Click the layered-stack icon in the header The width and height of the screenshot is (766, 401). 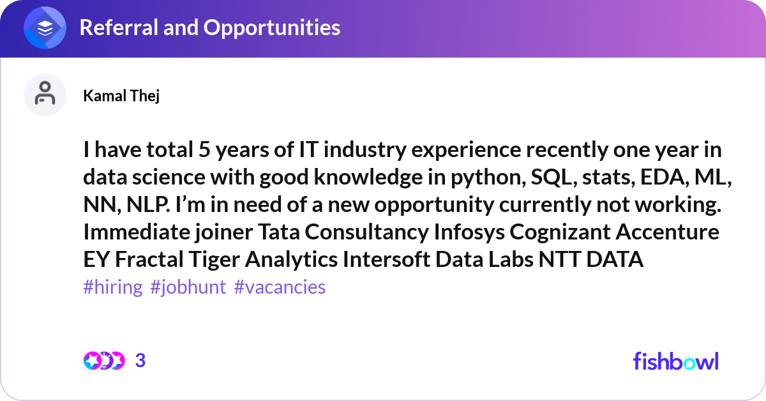pos(45,27)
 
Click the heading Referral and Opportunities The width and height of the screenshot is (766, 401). pos(209,27)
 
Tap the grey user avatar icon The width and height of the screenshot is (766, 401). pos(45,95)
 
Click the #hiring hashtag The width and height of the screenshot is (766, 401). pos(113,287)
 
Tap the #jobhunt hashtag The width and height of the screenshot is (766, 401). pos(188,287)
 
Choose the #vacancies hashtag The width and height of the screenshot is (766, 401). pos(280,287)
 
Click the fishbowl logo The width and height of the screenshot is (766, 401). pos(675,361)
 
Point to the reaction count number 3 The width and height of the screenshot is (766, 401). pos(140,361)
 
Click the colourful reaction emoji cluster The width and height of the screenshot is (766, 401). pos(104,361)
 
